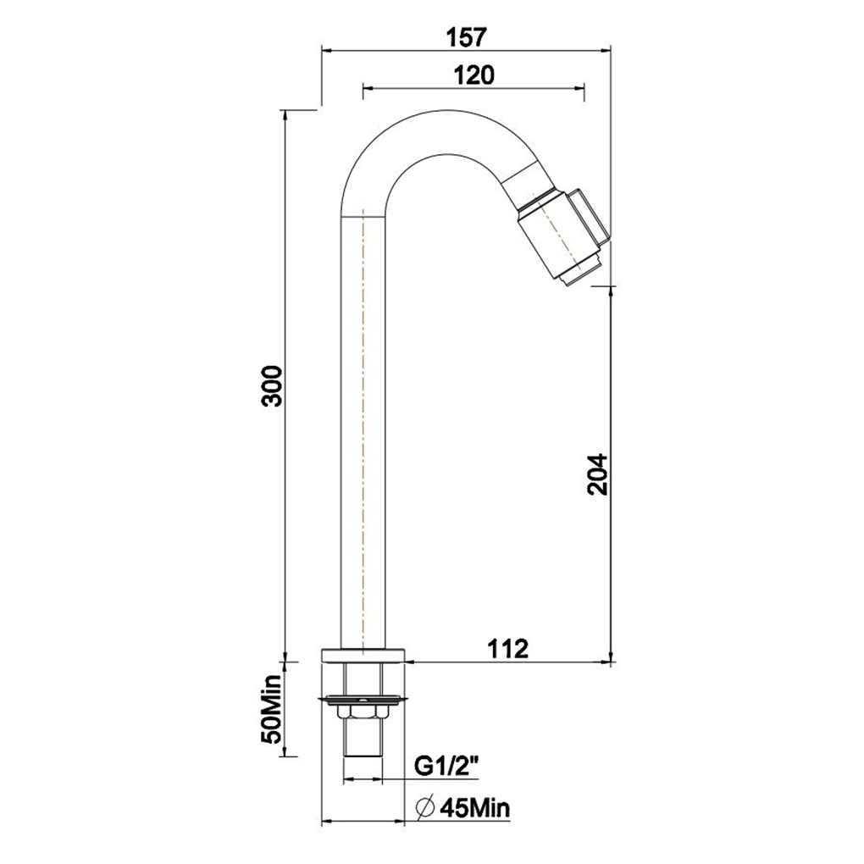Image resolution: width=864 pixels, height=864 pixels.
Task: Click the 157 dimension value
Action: (466, 37)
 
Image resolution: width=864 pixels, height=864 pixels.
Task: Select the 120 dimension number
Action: (474, 75)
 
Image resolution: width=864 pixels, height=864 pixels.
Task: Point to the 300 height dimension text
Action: (272, 385)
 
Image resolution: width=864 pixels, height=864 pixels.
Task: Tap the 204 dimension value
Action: (597, 474)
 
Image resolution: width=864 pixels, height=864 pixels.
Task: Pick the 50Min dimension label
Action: (271, 708)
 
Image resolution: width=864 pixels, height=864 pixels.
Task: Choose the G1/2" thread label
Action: (446, 767)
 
